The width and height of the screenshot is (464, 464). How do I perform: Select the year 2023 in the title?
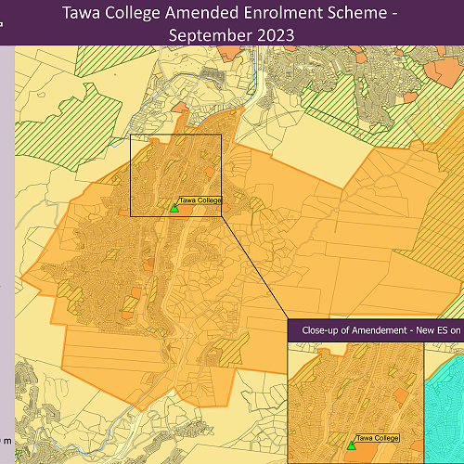275,34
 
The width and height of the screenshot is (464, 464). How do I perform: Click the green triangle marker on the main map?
174,209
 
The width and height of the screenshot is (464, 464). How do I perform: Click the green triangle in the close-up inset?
352,445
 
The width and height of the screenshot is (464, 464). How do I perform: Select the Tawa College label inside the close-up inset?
378,437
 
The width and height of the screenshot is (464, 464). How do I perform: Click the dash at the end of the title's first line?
400,14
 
